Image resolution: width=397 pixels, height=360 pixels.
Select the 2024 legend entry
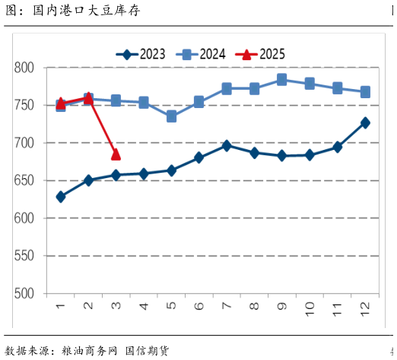click(202, 54)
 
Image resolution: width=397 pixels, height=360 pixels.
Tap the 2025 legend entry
click(261, 54)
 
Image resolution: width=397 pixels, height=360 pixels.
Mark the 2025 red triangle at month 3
click(116, 155)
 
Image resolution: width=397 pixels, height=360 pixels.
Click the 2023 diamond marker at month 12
click(365, 123)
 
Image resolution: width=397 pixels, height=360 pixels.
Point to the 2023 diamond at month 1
click(61, 196)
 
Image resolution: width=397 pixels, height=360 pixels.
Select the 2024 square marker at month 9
click(281, 79)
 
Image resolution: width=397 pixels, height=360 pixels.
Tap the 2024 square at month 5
click(171, 116)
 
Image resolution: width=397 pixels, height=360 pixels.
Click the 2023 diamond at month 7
click(227, 145)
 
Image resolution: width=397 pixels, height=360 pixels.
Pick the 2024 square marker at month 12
click(365, 92)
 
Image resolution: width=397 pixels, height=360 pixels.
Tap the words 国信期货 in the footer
click(147, 350)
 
